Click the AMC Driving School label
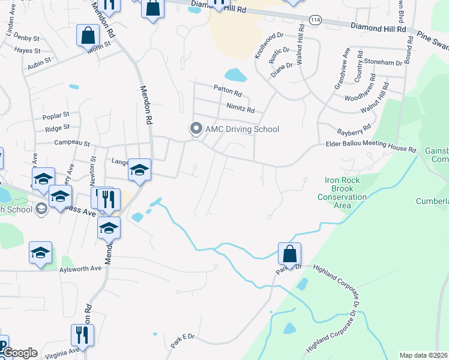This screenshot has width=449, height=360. pyautogui.click(x=242, y=129)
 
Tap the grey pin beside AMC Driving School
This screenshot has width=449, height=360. pyautogui.click(x=195, y=128)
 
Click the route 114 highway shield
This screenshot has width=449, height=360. pyautogui.click(x=314, y=20)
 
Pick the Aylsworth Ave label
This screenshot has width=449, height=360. pyautogui.click(x=80, y=268)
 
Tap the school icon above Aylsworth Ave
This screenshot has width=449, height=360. pyautogui.click(x=40, y=253)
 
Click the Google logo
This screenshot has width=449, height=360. pyautogui.click(x=19, y=353)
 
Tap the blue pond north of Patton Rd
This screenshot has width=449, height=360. pyautogui.click(x=236, y=76)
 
